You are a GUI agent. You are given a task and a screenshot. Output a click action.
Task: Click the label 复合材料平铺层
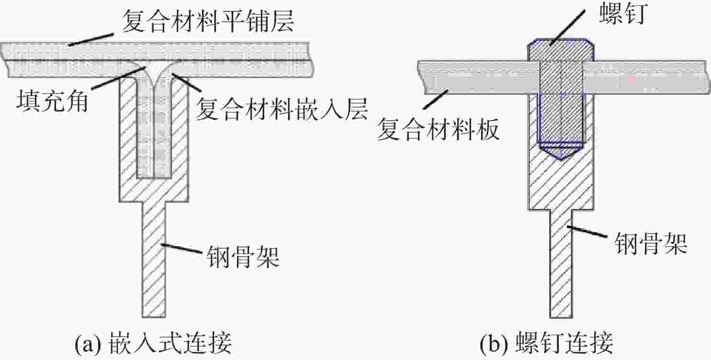click(208, 21)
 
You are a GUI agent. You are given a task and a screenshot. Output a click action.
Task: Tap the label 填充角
click(52, 101)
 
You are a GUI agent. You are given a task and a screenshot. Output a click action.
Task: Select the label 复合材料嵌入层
click(282, 109)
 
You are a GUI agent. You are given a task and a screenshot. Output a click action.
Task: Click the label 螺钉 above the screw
click(623, 13)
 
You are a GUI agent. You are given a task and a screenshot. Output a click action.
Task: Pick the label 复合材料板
click(439, 129)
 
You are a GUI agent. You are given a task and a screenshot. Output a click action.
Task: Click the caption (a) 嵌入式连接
click(153, 343)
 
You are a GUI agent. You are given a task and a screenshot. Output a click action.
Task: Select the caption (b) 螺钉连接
click(546, 343)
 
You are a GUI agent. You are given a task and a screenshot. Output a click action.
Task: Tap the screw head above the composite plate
click(561, 50)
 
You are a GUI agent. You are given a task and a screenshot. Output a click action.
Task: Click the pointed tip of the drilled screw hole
click(561, 160)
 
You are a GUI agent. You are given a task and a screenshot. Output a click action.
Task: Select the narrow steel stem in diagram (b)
click(561, 264)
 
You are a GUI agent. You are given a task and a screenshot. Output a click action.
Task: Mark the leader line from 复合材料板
click(436, 100)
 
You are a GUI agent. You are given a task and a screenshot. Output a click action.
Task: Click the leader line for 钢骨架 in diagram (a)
click(182, 248)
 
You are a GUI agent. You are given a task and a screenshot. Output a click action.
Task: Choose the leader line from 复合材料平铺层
click(91, 39)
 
